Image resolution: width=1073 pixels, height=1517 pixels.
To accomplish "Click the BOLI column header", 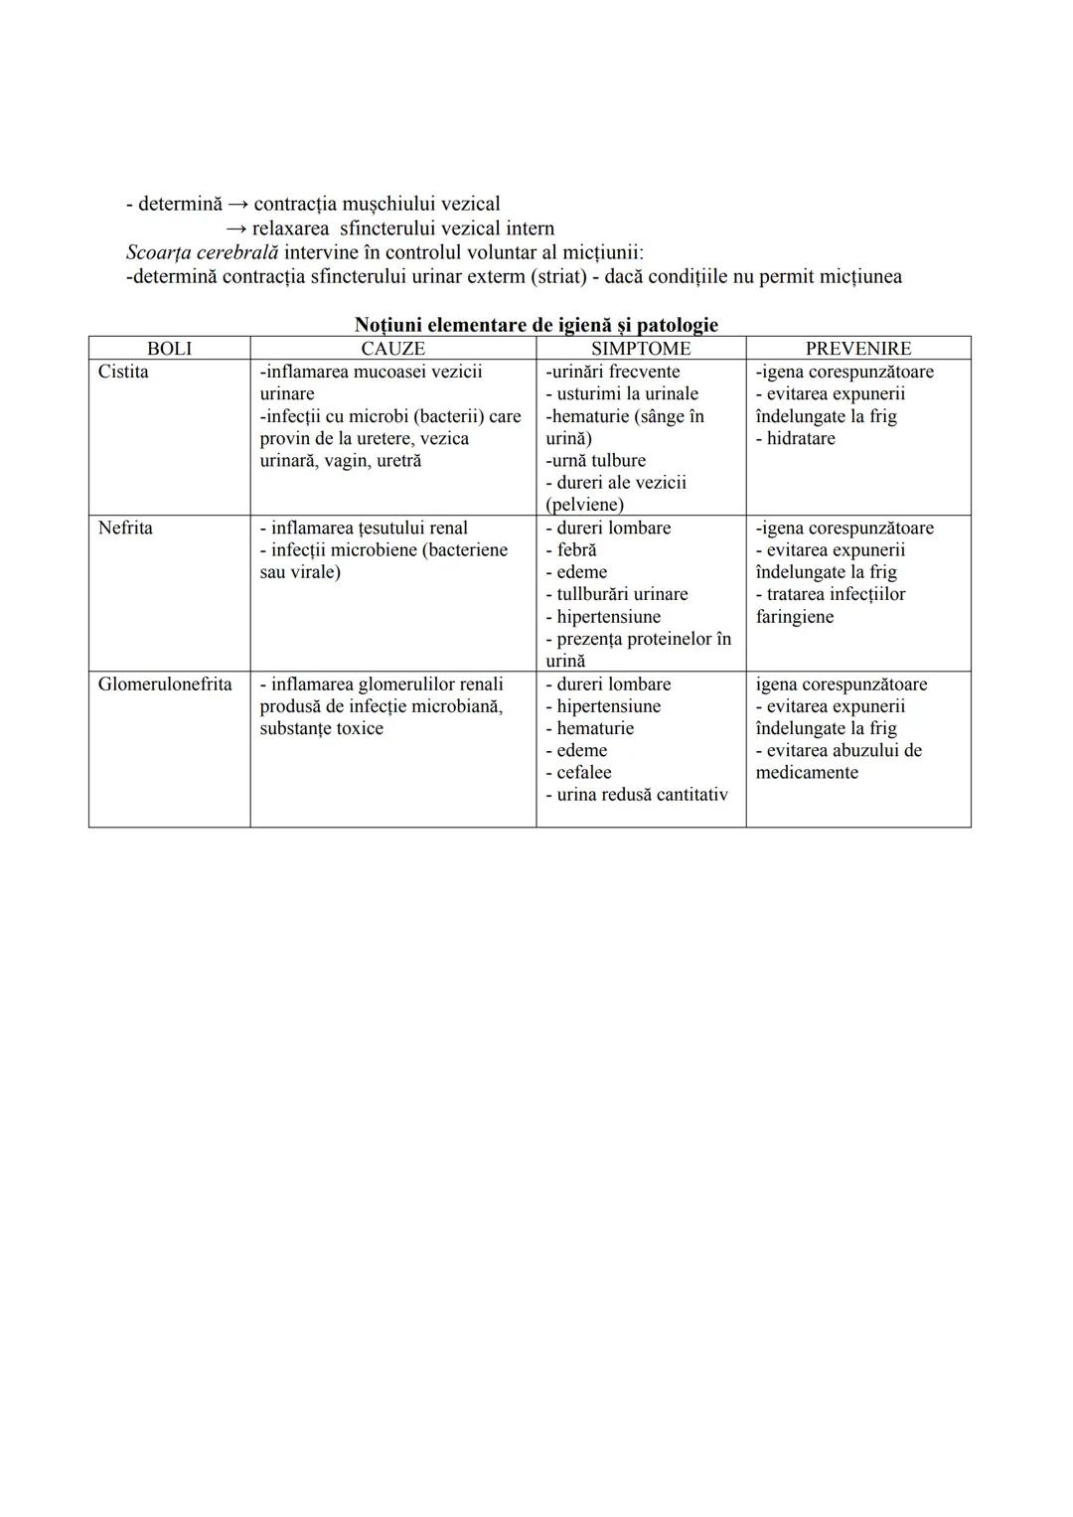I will (169, 349).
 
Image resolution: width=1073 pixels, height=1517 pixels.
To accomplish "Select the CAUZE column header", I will (392, 349).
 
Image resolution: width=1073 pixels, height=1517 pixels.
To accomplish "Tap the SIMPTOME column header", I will (641, 349).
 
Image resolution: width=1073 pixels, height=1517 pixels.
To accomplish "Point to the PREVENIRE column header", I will (858, 349).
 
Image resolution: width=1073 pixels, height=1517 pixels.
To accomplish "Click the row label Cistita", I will (123, 372).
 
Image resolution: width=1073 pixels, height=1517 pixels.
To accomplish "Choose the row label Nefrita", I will (125, 528).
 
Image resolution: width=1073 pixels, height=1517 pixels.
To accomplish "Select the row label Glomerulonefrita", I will (165, 684).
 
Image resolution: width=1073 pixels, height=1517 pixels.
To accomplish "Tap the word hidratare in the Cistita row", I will (800, 438).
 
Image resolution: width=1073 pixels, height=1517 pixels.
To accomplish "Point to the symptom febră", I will (576, 550).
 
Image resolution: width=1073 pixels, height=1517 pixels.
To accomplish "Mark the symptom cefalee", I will (583, 773).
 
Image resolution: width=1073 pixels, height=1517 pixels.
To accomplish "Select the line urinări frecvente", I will (613, 372).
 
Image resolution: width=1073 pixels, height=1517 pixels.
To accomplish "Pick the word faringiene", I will (795, 617).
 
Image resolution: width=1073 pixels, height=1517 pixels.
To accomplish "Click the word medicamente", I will (807, 773).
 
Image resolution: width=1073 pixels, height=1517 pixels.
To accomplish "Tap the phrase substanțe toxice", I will (321, 729).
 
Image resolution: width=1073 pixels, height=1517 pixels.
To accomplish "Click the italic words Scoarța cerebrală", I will (202, 252).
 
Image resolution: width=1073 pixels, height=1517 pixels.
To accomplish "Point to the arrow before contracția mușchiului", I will (238, 205).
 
